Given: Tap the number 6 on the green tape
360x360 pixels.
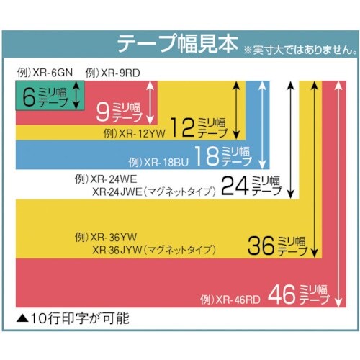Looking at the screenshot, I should click(29, 96).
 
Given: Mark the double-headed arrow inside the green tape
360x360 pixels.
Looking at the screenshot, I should click(75, 96).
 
